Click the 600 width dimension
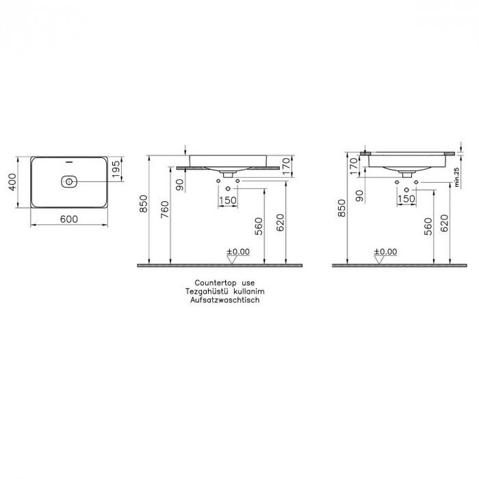[68, 219]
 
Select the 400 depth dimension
[12, 183]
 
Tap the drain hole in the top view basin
[68, 182]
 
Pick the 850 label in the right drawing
[341, 209]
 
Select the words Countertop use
[224, 282]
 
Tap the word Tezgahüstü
[208, 291]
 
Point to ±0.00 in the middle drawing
[238, 252]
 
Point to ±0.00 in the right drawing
[385, 252]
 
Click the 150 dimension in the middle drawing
[227, 200]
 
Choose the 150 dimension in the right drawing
[406, 199]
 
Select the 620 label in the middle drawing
[279, 224]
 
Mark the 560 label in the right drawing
[428, 225]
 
